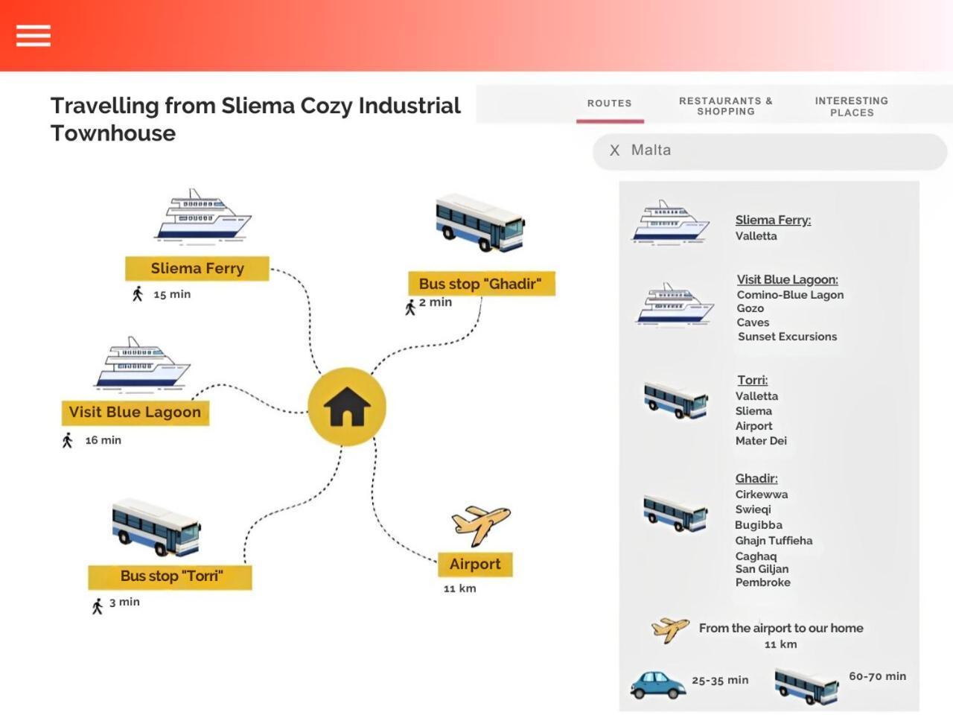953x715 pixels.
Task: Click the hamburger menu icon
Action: (x=34, y=35)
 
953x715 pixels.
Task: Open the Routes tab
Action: (x=610, y=104)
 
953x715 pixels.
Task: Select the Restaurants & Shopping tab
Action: (x=726, y=107)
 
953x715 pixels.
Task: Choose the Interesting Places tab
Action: (x=852, y=107)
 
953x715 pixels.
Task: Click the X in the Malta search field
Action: (x=614, y=150)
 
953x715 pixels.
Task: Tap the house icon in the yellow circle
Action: (x=347, y=407)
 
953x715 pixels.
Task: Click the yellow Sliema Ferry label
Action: (x=197, y=268)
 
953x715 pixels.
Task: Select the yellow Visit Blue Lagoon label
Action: (x=135, y=412)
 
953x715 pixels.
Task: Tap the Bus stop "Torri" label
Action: (x=170, y=576)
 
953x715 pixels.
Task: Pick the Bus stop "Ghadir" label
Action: (x=482, y=284)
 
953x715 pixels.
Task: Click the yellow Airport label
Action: (x=475, y=565)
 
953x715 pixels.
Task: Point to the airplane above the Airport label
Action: (x=481, y=525)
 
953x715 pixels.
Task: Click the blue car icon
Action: (x=657, y=684)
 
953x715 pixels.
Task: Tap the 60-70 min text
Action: (x=878, y=676)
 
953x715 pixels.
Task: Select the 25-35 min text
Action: (x=720, y=680)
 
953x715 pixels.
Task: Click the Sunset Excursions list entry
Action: (x=787, y=337)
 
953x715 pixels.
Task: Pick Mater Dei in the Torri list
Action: (x=761, y=441)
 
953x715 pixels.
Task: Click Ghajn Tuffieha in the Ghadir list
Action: (x=774, y=541)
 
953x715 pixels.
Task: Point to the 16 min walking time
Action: (x=103, y=440)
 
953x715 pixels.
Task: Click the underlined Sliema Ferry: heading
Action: (x=773, y=220)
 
